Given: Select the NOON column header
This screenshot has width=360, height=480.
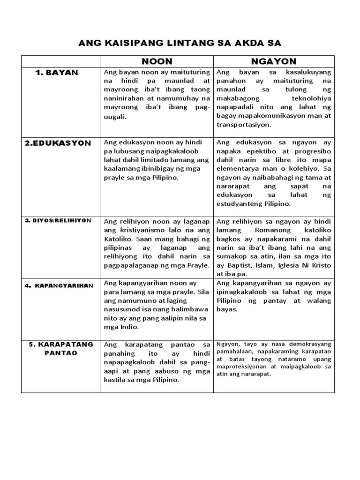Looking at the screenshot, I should pos(157,61).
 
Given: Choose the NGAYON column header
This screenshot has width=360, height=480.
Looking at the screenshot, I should pos(274,61).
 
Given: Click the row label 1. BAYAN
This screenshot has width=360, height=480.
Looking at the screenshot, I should pos(57,73).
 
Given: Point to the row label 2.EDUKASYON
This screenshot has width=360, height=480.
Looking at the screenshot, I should pos(58,143).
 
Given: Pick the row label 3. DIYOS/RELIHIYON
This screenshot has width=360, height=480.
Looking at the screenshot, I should pos(58,220).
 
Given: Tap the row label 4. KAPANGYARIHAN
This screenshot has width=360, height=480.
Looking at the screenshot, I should pos(60,285).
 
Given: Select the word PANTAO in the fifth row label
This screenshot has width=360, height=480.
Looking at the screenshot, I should pos(61,352).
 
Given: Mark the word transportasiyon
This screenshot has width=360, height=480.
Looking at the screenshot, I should pos(244,126).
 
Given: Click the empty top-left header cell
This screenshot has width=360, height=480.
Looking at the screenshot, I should pos(61,61).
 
